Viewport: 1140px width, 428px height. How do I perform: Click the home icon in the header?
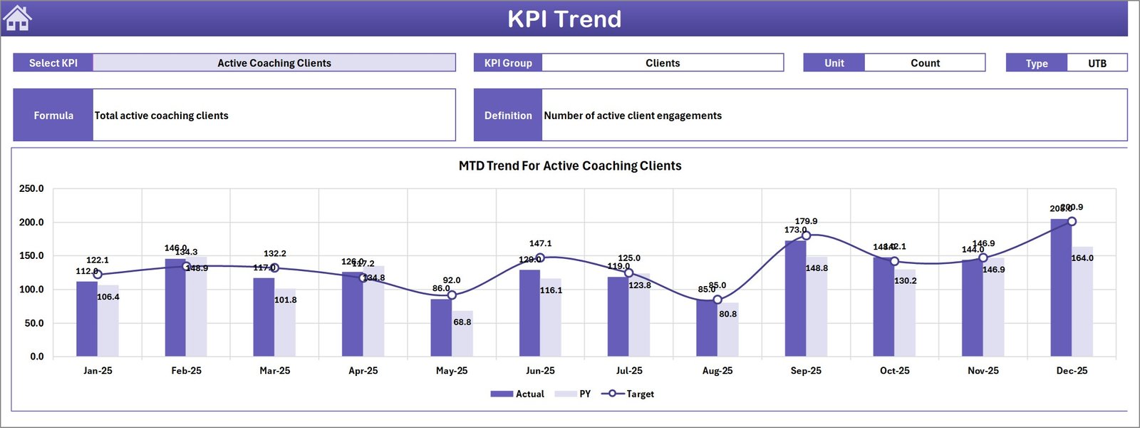tap(17, 19)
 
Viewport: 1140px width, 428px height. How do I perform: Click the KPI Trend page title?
tap(564, 19)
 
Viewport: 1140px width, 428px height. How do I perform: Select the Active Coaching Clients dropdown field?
tap(274, 63)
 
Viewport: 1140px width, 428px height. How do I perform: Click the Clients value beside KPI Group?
tap(663, 63)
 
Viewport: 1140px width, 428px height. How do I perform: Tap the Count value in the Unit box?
tap(925, 63)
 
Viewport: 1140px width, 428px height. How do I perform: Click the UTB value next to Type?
tap(1097, 63)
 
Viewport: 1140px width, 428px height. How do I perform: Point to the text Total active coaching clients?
tap(162, 116)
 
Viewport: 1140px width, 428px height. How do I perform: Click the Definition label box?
tap(508, 116)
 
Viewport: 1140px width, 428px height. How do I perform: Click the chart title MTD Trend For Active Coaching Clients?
tap(570, 165)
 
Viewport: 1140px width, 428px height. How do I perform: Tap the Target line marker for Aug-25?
tap(717, 300)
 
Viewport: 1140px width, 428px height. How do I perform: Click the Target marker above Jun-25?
tap(540, 258)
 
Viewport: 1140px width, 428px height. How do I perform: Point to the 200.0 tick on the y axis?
tap(31, 223)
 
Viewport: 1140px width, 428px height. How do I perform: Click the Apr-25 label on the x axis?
tap(363, 371)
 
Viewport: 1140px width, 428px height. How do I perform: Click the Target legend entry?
tap(628, 394)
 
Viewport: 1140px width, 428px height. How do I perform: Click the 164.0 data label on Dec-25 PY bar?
tap(1082, 258)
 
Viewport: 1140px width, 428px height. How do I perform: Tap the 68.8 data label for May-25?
tap(462, 322)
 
